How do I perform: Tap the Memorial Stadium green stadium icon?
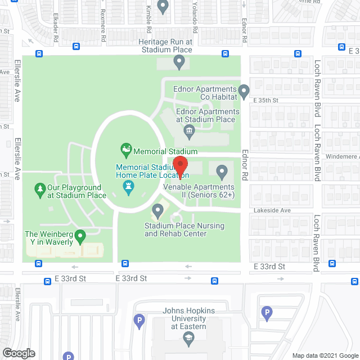click(126, 150)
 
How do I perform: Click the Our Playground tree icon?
click(40, 188)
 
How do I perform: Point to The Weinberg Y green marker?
click(80, 236)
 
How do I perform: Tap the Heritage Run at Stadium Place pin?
click(179, 63)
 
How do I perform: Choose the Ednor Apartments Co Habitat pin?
click(244, 91)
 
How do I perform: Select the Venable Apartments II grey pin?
click(222, 170)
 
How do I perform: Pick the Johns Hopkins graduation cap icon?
click(188, 336)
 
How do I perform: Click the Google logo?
click(18, 353)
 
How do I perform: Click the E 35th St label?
click(266, 100)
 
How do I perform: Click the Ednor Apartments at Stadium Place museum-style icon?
click(188, 133)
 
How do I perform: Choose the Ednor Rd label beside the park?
click(245, 165)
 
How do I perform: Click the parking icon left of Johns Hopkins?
click(139, 321)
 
